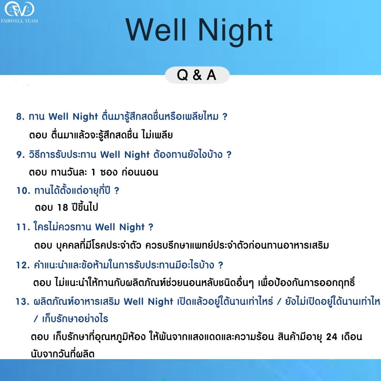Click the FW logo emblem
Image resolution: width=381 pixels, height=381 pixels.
tap(19, 9)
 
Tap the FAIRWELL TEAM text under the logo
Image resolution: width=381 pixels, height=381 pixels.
tap(19, 21)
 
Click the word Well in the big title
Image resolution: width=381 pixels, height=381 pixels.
tap(156, 30)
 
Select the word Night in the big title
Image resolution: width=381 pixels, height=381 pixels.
tap(235, 32)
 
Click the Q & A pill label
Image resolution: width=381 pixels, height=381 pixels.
tap(197, 75)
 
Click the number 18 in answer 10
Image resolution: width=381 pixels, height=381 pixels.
tap(63, 207)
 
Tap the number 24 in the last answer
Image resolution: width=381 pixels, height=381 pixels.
tap(332, 337)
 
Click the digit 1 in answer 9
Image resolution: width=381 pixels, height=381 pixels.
tap(93, 172)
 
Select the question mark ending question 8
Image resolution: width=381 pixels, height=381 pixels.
tap(225, 116)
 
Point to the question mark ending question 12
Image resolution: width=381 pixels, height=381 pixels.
tap(220, 265)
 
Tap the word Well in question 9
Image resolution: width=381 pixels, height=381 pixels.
tap(110, 155)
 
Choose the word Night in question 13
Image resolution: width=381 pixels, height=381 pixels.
tap(161, 302)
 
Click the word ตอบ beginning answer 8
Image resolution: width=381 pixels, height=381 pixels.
tap(38, 135)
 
